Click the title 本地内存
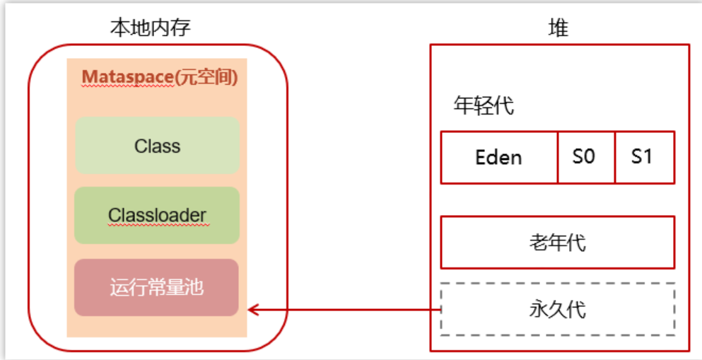151,28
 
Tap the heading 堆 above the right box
558,28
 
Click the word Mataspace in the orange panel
127,77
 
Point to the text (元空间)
206,77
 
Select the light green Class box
157,146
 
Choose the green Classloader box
157,216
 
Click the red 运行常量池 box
157,287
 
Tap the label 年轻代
484,106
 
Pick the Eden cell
499,157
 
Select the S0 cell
587,157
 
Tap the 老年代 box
558,243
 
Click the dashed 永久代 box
558,309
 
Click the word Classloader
157,216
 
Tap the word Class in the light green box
157,146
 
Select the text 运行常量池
157,287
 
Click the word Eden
498,158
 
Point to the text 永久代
557,309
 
